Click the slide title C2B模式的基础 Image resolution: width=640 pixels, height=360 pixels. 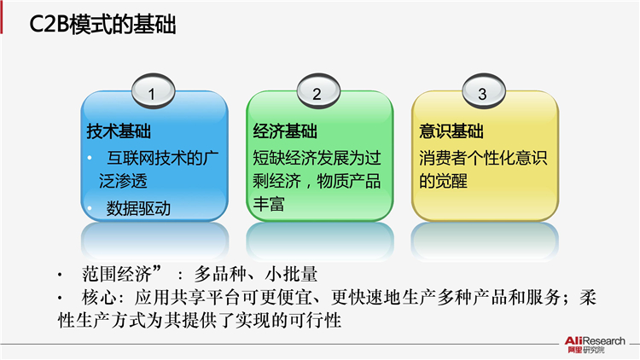102,25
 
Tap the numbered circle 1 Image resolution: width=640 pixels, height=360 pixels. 153,91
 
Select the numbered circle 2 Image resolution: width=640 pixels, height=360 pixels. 318,91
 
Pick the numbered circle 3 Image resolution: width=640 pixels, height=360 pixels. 484,91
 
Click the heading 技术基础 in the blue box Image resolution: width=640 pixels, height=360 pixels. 119,131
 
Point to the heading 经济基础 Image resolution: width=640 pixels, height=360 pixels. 285,131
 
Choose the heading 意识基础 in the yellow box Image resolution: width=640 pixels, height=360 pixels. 451,131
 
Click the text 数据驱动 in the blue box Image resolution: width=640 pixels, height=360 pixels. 138,208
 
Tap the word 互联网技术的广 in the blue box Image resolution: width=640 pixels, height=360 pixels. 163,158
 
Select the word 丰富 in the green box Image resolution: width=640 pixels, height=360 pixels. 269,204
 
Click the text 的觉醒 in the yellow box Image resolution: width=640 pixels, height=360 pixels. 443,181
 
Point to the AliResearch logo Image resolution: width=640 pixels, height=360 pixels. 595,345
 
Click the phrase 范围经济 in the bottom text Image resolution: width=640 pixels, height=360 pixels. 117,274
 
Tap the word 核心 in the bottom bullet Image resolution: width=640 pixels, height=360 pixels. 99,298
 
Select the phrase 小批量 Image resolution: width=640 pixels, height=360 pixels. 292,274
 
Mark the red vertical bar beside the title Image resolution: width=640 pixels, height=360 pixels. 1,20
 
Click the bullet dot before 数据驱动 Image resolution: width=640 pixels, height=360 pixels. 90,208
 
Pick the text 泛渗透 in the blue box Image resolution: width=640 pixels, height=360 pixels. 123,181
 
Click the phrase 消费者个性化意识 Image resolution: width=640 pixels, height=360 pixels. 483,158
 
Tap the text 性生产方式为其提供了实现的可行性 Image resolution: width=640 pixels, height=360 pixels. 200,321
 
